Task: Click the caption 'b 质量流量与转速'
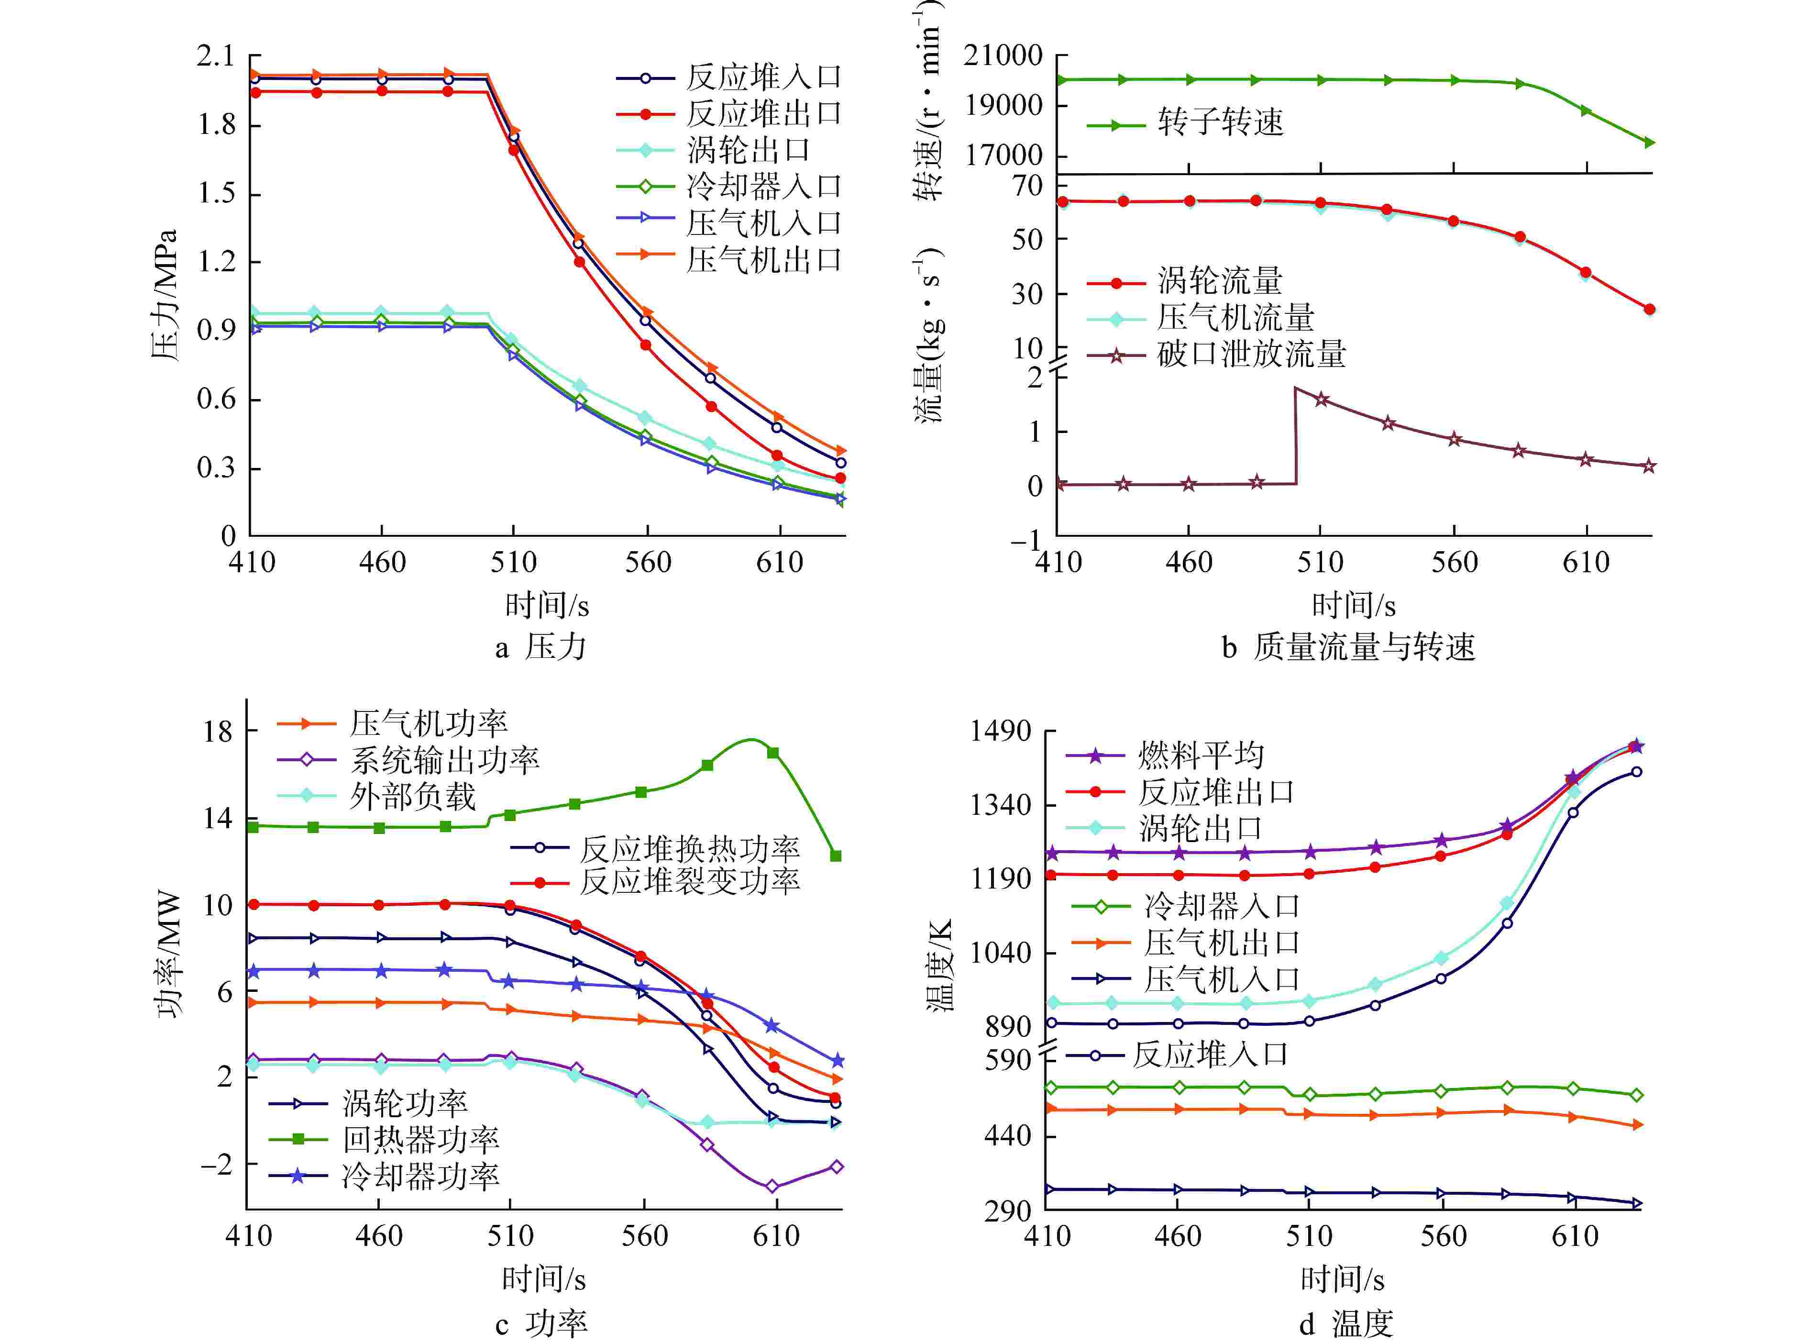point(1348,647)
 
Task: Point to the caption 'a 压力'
point(541,647)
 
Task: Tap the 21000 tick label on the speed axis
point(1003,56)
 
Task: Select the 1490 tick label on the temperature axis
point(1000,732)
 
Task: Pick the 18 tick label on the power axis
point(218,732)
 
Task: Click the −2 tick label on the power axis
point(216,1164)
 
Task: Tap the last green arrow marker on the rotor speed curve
point(1649,143)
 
